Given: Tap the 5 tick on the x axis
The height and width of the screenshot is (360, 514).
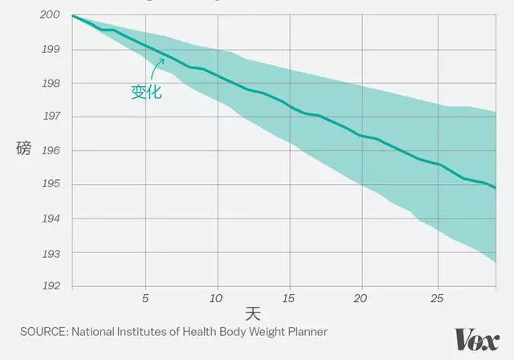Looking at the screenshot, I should [145, 297].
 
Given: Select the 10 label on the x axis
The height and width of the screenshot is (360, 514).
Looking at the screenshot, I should [215, 297].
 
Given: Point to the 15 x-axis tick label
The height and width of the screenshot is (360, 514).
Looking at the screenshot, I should [288, 297].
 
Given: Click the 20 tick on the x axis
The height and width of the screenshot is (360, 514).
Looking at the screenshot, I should [362, 297].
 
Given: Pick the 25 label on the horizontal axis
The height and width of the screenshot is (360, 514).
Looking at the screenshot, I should [437, 297].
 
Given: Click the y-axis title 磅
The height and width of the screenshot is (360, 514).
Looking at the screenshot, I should [23, 149].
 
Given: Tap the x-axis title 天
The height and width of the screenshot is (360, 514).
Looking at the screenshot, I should [254, 313].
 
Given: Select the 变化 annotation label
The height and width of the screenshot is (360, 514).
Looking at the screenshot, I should [146, 92].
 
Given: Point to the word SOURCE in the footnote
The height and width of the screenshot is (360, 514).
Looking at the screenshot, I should [43, 330].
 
